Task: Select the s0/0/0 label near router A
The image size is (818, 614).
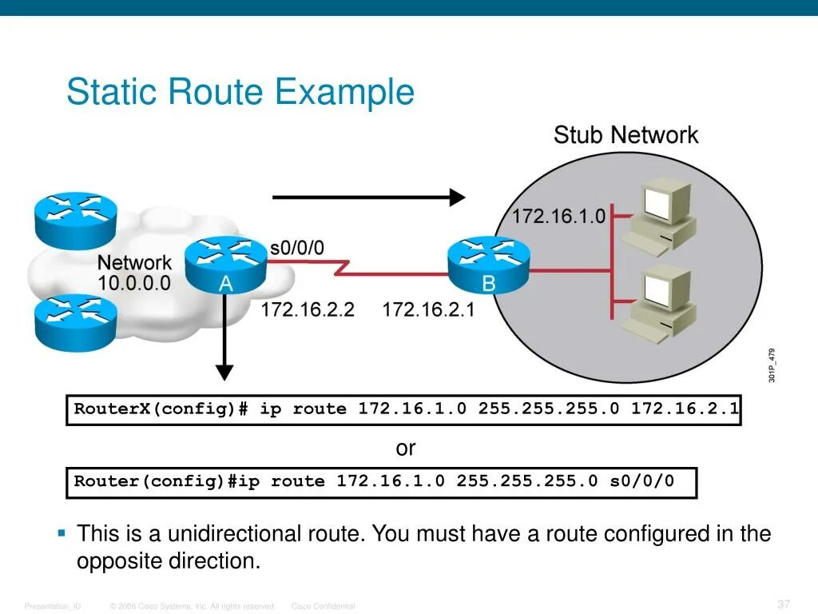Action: (x=297, y=248)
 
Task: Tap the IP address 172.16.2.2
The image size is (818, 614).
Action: (x=307, y=309)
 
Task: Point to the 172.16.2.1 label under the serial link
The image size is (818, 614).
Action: (x=428, y=309)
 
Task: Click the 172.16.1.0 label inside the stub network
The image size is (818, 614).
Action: (x=558, y=217)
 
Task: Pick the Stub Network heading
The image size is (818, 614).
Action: (x=625, y=135)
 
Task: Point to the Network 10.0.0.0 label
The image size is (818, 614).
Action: (x=134, y=273)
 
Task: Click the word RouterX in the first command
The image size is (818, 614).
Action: (x=111, y=409)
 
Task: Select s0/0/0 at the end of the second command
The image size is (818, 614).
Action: (x=641, y=481)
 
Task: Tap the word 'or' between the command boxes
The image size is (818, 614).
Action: (x=406, y=449)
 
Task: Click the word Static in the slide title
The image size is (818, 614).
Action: (x=112, y=92)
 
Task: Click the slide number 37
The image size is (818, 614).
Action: (x=783, y=604)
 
